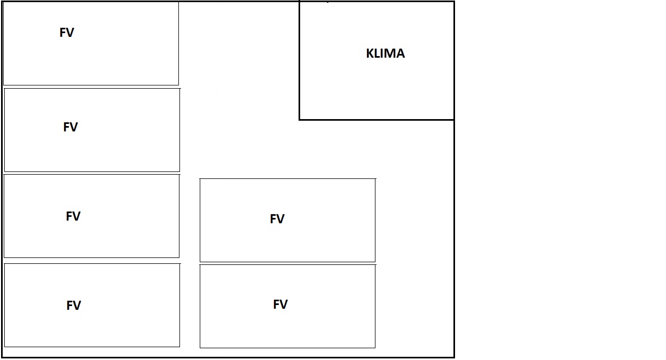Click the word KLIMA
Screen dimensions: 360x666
click(385, 53)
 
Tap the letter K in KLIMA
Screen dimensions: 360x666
click(370, 53)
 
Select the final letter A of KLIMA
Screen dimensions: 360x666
click(400, 53)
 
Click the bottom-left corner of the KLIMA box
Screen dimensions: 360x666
click(299, 120)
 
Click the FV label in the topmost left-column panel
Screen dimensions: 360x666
click(67, 33)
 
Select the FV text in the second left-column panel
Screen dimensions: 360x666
click(70, 127)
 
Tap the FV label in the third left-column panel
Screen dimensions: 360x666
click(73, 216)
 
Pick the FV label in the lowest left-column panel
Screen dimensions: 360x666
click(74, 306)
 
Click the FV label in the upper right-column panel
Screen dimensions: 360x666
click(277, 219)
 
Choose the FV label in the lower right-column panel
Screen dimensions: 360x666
click(280, 304)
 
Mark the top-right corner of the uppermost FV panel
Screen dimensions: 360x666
click(178, 2)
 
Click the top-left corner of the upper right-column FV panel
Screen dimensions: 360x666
click(200, 179)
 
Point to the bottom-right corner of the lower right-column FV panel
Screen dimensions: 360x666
click(375, 348)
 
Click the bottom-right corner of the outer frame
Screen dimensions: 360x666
click(454, 357)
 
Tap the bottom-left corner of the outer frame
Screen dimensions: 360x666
click(2, 357)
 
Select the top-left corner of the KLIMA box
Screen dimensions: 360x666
click(299, 2)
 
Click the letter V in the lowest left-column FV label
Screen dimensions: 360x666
click(77, 306)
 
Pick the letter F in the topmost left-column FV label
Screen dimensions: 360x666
click(63, 33)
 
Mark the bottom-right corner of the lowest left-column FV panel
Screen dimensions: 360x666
click(179, 347)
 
